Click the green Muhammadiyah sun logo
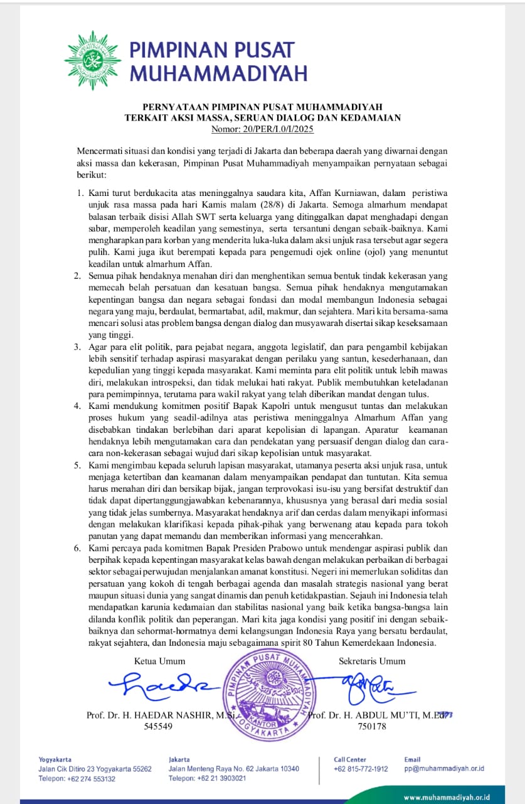pos(92,60)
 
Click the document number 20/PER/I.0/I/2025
pos(263,129)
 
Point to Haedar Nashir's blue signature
pos(164,685)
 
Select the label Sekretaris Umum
pos(372,661)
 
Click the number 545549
pos(158,726)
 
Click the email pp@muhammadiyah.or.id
pos(444,769)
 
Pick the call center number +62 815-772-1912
pos(361,769)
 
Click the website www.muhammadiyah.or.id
pos(446,797)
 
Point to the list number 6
pos(77,548)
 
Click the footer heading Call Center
pos(350,759)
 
